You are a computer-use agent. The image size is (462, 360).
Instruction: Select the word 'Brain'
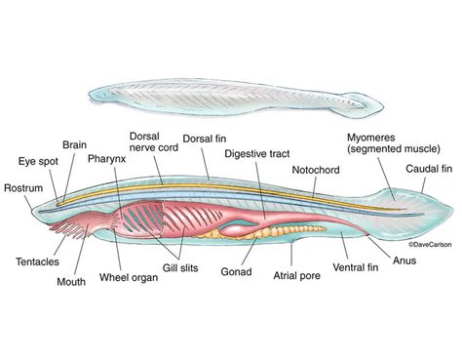[74, 144]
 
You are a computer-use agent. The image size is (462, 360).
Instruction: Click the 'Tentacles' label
[35, 261]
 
